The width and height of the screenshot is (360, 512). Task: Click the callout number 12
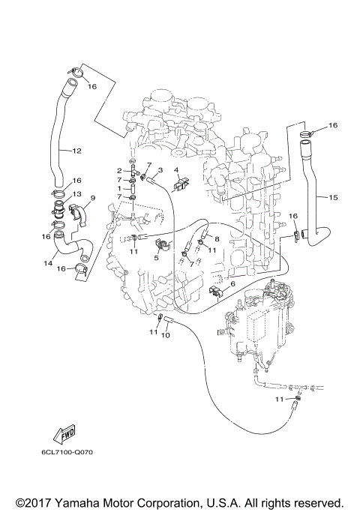click(x=77, y=150)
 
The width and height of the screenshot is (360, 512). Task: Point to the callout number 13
click(x=76, y=194)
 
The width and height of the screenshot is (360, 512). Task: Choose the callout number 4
click(x=177, y=170)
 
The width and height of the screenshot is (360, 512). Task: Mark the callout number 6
click(x=233, y=284)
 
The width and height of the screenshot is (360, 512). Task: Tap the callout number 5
click(x=157, y=257)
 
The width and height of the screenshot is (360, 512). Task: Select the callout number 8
click(x=216, y=239)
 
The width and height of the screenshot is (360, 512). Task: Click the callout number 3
click(x=160, y=170)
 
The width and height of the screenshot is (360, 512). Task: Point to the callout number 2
click(x=119, y=171)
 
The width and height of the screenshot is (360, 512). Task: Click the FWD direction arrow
click(x=57, y=435)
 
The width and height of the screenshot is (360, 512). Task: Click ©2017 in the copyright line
click(x=32, y=502)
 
